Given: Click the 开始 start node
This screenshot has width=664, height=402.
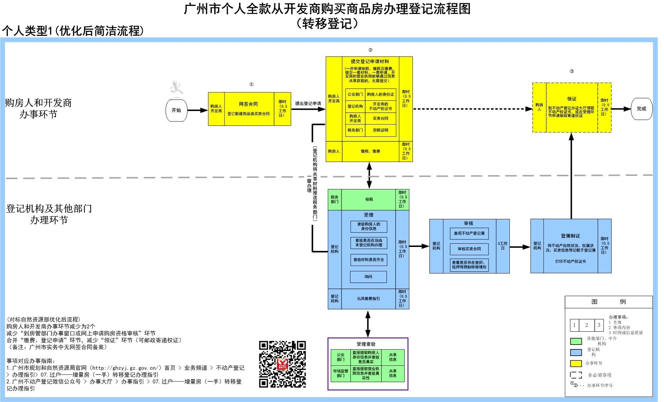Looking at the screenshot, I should click(x=176, y=111).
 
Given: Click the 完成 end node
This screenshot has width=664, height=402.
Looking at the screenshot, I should click(x=641, y=109).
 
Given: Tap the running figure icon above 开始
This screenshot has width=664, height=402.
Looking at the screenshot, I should click(x=176, y=88).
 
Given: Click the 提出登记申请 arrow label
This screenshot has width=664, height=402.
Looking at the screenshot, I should click(x=308, y=103).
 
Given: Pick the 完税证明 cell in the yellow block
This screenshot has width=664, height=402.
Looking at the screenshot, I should click(x=380, y=130).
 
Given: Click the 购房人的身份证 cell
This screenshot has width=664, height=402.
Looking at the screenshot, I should click(x=380, y=94).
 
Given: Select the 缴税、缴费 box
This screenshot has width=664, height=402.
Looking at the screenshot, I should click(x=370, y=151).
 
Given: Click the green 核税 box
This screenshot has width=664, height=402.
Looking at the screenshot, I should click(x=369, y=200).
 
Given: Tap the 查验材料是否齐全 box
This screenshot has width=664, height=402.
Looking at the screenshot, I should click(x=368, y=260).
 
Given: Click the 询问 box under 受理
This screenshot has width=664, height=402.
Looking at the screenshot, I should click(x=368, y=277).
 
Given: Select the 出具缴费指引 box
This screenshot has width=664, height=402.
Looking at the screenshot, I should click(x=368, y=299).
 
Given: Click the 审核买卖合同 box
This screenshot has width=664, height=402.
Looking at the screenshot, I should click(x=469, y=249).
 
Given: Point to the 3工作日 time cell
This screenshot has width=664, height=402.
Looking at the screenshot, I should click(x=502, y=246).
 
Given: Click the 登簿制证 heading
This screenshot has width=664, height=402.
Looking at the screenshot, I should click(x=570, y=236).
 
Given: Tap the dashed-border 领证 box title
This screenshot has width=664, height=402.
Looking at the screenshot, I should click(x=571, y=99).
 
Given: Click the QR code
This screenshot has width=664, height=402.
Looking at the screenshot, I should click(x=282, y=364).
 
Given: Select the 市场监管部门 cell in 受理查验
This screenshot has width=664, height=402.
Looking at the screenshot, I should click(x=340, y=374).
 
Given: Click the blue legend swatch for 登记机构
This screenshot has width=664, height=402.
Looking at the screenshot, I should click(x=576, y=352).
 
